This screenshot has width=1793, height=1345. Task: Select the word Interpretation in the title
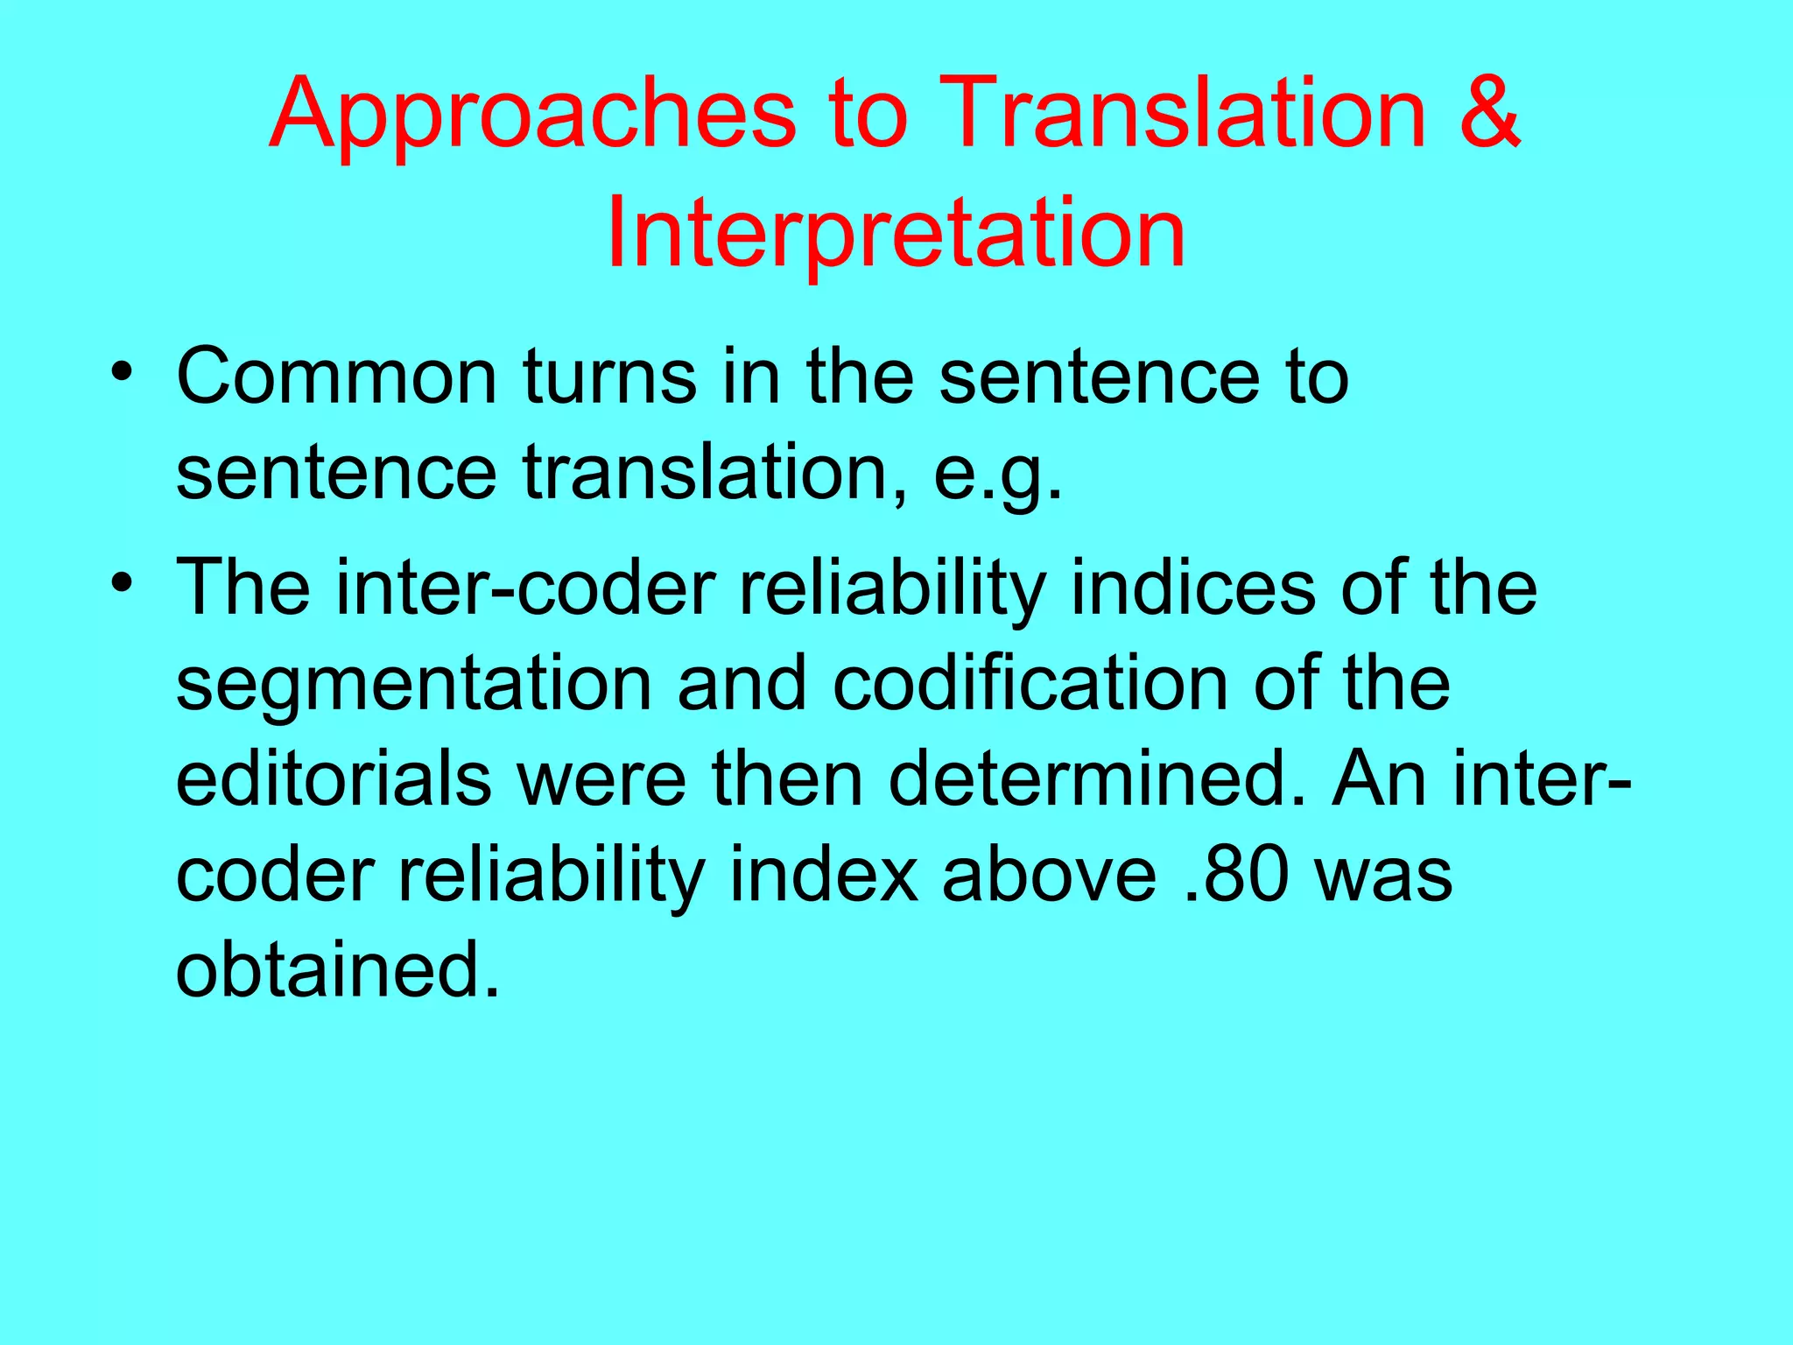click(896, 233)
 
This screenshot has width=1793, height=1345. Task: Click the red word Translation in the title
click(1186, 114)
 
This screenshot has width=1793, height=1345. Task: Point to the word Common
click(337, 377)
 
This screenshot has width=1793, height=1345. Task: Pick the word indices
click(1192, 588)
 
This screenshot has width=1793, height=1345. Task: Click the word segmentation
click(414, 684)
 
